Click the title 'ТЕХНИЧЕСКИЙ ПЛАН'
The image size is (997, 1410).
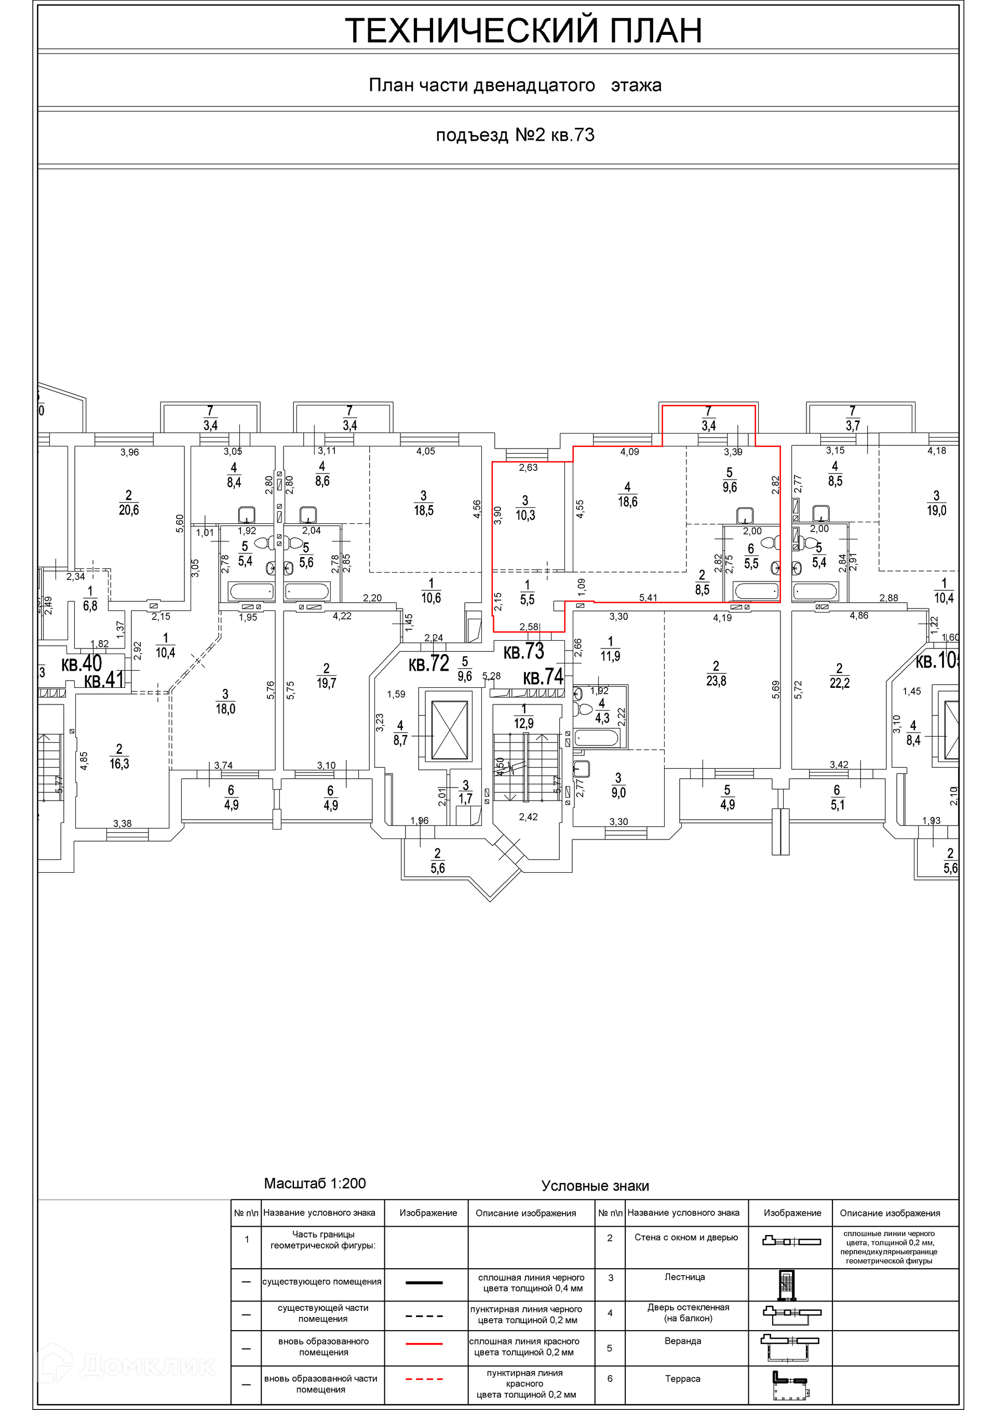(x=523, y=31)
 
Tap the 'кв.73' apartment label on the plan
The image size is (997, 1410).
(x=523, y=652)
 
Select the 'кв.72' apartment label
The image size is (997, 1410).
(x=429, y=663)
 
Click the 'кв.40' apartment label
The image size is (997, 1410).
(x=82, y=664)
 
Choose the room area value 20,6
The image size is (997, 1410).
(x=129, y=510)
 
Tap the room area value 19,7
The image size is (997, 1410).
(x=326, y=683)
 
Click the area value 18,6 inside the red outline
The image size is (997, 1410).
(x=627, y=501)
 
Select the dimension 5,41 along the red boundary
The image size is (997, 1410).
(x=649, y=597)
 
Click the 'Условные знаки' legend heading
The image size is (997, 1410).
(x=595, y=1186)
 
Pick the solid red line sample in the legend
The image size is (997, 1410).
(x=424, y=1344)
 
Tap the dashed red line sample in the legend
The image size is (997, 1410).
(x=424, y=1379)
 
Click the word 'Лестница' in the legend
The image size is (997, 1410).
(x=684, y=1277)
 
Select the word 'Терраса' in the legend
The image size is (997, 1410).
(x=682, y=1379)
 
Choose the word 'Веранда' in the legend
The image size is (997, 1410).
(x=682, y=1341)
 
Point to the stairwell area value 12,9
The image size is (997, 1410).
(x=524, y=723)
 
